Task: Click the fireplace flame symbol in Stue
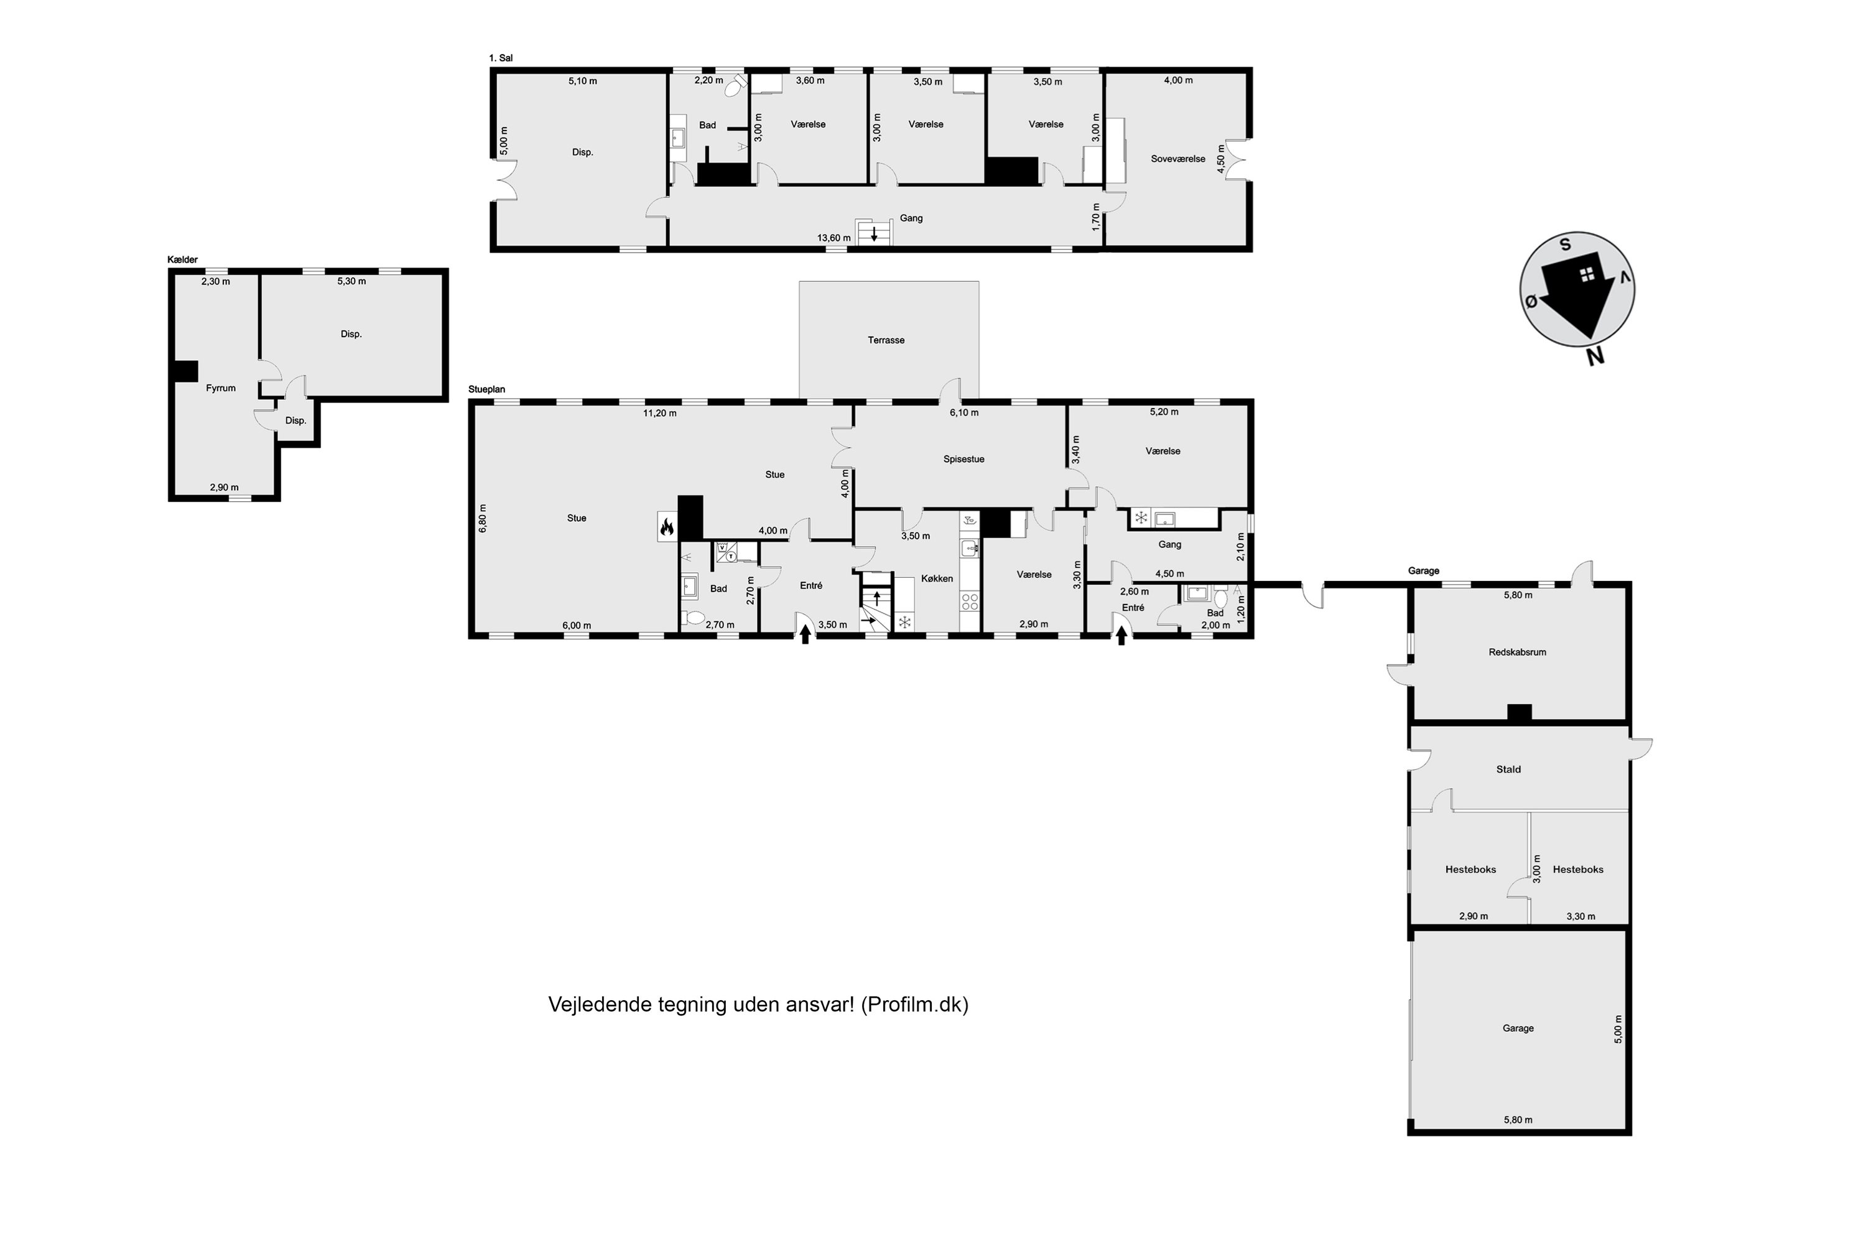tap(667, 526)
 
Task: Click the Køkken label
tap(937, 579)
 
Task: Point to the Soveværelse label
tap(1177, 159)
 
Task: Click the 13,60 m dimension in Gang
tap(834, 238)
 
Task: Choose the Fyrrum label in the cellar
tap(221, 388)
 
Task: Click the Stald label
tap(1508, 769)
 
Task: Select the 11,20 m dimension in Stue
tap(659, 414)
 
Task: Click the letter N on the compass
tap(1595, 357)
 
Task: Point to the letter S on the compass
tap(1566, 244)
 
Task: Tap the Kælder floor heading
tap(182, 260)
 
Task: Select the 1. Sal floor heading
tap(501, 58)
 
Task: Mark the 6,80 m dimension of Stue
tap(483, 518)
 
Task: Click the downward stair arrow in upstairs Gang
tap(875, 234)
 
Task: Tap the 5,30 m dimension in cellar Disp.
tap(351, 282)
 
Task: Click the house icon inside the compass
tap(1587, 274)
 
